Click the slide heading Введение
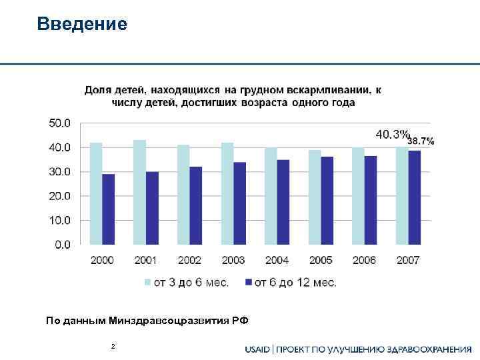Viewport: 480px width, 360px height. (82, 25)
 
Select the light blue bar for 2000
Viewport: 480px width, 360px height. (96, 193)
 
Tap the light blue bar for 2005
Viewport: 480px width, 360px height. (314, 197)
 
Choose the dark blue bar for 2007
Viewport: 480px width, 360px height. (415, 197)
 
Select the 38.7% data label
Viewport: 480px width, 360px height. (421, 141)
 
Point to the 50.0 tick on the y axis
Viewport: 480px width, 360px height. (59, 123)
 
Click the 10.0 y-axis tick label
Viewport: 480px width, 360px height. (59, 220)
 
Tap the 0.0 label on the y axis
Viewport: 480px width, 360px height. (61, 245)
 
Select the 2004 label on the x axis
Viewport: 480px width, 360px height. (277, 260)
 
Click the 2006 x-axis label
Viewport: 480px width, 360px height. (364, 260)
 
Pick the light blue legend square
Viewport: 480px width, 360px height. (149, 283)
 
